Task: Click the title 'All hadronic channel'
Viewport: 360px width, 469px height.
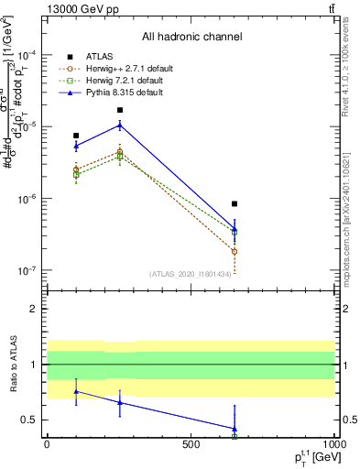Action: coord(191,37)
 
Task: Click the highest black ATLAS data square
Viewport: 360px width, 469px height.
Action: coord(120,110)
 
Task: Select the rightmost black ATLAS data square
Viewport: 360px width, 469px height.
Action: coord(235,203)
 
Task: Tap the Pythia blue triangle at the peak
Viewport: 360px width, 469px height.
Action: coord(120,125)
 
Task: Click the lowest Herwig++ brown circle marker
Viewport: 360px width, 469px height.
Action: coord(235,251)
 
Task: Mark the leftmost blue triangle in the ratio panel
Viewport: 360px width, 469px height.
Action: coord(77,391)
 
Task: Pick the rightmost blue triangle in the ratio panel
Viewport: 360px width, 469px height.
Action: coord(235,428)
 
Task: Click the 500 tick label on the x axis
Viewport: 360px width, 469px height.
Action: coord(191,444)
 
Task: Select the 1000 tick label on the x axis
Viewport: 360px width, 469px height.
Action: coord(333,444)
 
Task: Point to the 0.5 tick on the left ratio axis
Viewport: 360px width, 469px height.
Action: coord(32,420)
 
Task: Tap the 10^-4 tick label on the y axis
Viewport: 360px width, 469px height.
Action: coord(27,54)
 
